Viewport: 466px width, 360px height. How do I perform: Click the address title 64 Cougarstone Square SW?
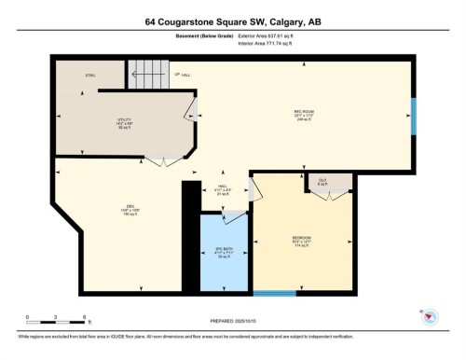pyautogui.click(x=232, y=21)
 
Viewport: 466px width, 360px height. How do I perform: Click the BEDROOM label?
pyautogui.click(x=300, y=242)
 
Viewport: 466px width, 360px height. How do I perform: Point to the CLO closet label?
pyautogui.click(x=322, y=181)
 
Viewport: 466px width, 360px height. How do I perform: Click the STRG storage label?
pyautogui.click(x=90, y=75)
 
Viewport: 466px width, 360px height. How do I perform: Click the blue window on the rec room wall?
pyautogui.click(x=415, y=116)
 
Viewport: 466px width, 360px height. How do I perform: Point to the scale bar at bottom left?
pyautogui.click(x=56, y=320)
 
